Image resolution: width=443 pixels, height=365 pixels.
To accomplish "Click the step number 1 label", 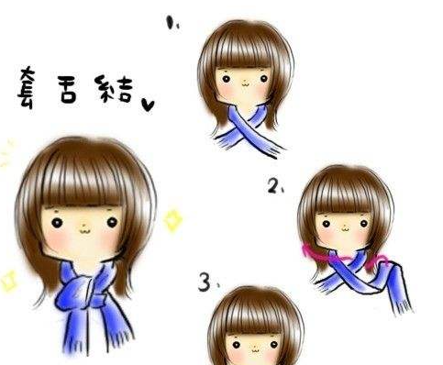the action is [172, 23].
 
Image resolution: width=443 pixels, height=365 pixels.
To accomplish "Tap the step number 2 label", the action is [275, 185].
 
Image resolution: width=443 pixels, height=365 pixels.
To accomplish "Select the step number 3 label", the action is [208, 282].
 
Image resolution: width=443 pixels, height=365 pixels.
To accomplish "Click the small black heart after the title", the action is [148, 105].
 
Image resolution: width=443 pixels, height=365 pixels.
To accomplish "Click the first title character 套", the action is [27, 87].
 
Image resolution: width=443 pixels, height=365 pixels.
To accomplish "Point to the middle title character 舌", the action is [67, 89].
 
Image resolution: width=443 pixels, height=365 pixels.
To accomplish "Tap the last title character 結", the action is [114, 89].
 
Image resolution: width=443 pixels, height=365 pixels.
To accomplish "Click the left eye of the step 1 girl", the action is [226, 79].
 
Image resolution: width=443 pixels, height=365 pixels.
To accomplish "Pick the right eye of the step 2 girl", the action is [364, 224].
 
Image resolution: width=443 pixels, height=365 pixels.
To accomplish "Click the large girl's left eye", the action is [57, 222].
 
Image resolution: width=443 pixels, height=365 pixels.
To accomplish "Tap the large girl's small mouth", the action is [84, 231].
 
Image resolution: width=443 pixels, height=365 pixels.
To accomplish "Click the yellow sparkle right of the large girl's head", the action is [172, 220].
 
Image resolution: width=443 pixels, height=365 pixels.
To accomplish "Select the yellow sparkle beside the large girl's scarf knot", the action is [8, 280].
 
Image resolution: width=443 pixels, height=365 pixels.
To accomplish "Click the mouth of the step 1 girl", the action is [245, 83].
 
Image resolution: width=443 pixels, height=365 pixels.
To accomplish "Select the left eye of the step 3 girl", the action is [236, 345].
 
